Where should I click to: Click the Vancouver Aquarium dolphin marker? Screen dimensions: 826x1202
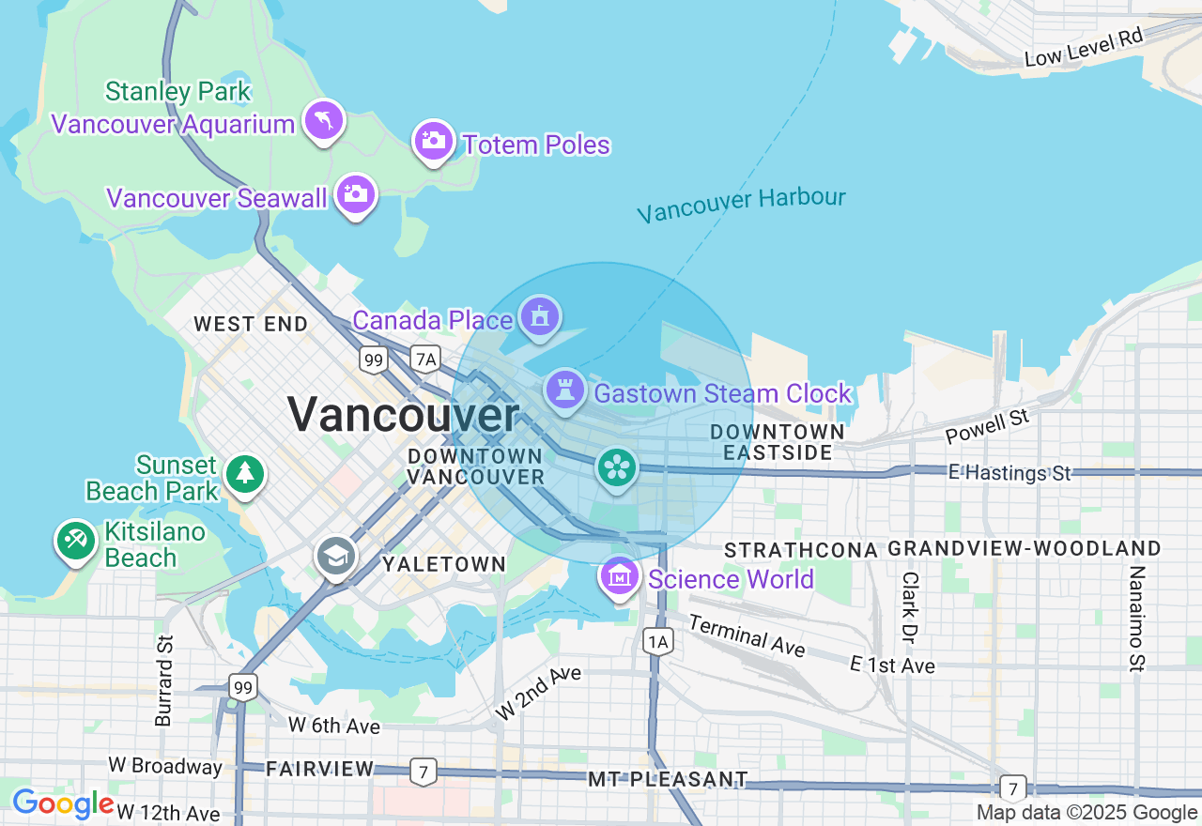click(x=324, y=121)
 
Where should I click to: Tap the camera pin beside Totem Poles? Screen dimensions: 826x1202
click(x=433, y=142)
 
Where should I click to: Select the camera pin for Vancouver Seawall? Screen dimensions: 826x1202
click(x=356, y=195)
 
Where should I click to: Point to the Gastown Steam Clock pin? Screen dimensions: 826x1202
click(x=564, y=390)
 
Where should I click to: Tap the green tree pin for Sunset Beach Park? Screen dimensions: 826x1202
click(x=245, y=472)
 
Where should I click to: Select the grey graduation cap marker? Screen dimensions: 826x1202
click(x=335, y=557)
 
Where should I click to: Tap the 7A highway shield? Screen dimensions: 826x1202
click(x=426, y=358)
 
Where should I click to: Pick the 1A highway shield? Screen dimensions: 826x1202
click(x=658, y=642)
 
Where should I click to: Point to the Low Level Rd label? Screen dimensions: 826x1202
click(x=1083, y=48)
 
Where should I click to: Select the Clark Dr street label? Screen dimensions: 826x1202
click(x=909, y=603)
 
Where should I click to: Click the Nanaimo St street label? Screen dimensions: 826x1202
click(x=1137, y=619)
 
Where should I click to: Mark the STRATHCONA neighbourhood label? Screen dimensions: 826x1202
click(x=801, y=549)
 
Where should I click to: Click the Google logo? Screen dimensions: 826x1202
click(x=63, y=804)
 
